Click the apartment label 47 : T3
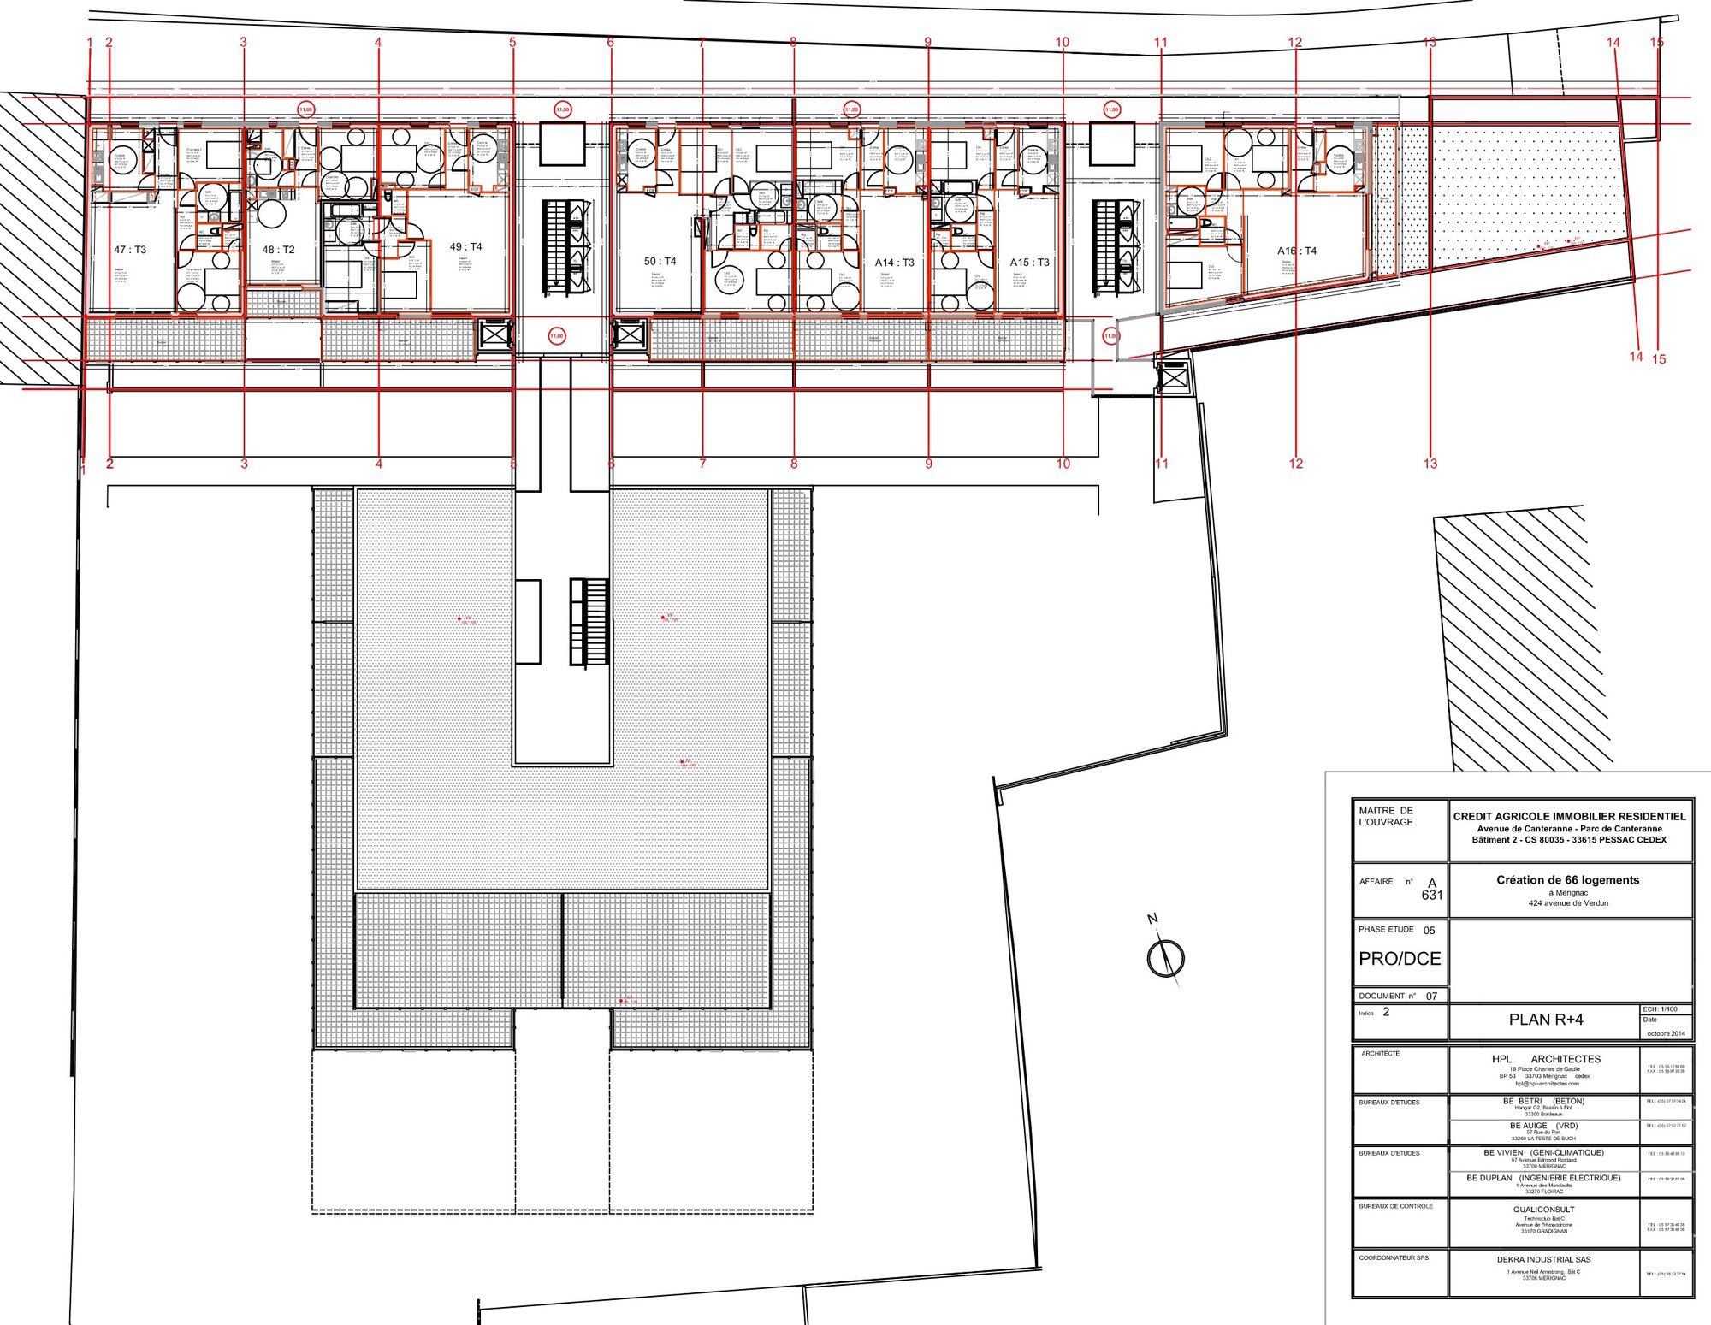(x=130, y=250)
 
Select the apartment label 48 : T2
(x=278, y=250)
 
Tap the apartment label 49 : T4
(x=465, y=246)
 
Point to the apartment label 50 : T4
(x=660, y=261)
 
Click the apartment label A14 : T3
(x=894, y=263)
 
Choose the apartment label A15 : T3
(x=1029, y=263)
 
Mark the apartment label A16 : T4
(x=1297, y=251)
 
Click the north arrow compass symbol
(x=1164, y=955)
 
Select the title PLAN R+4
(x=1546, y=1020)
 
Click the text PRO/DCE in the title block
(x=1400, y=959)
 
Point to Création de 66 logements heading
(x=1567, y=879)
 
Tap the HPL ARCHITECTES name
(x=1546, y=1059)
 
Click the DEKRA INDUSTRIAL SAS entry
(x=1543, y=1259)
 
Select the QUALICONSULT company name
(x=1543, y=1210)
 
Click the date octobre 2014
(x=1666, y=1033)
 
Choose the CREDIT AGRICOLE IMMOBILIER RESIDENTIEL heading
(x=1569, y=816)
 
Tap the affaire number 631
(x=1432, y=896)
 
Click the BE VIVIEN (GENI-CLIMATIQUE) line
(x=1543, y=1152)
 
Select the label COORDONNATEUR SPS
(x=1394, y=1257)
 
